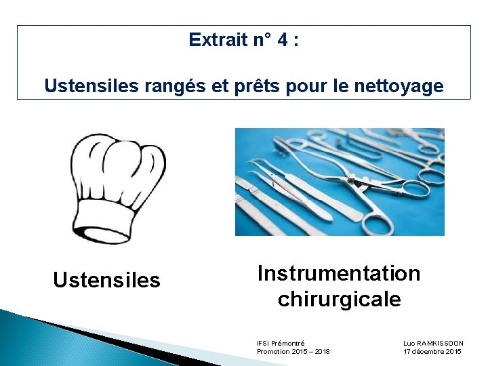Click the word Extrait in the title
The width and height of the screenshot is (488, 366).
(218, 40)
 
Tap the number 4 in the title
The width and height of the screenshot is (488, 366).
(280, 40)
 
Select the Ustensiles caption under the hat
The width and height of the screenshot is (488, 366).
(106, 280)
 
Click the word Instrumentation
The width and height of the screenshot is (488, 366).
(339, 273)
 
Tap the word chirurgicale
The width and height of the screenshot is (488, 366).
(339, 299)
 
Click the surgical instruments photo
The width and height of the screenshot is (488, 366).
(340, 182)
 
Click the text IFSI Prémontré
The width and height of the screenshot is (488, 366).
(281, 344)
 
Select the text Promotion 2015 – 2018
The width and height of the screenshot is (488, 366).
(293, 352)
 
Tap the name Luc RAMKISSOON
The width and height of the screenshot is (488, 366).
(433, 344)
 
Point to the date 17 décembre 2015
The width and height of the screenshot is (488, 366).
(432, 352)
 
